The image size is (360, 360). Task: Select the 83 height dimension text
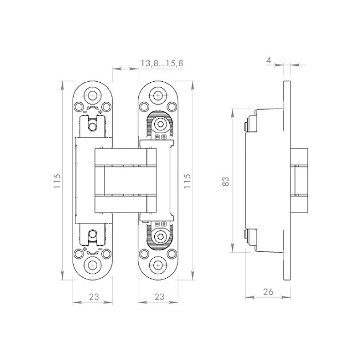point(225,181)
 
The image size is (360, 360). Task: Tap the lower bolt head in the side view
point(246,234)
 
